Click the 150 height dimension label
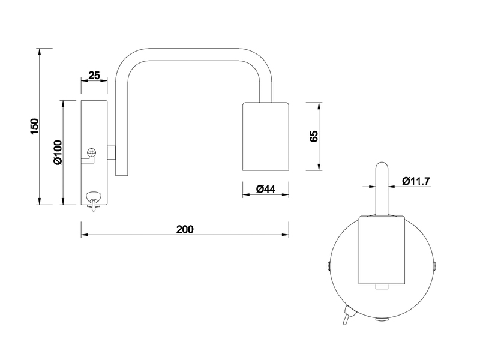coord(35,126)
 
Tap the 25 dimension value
coord(94,75)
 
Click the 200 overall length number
coord(185,229)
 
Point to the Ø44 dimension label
coord(265,189)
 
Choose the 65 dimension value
coord(313,136)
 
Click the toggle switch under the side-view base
coord(93,200)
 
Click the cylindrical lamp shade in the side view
coord(265,136)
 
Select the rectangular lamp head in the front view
coord(382,249)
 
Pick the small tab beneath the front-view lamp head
coord(382,287)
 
